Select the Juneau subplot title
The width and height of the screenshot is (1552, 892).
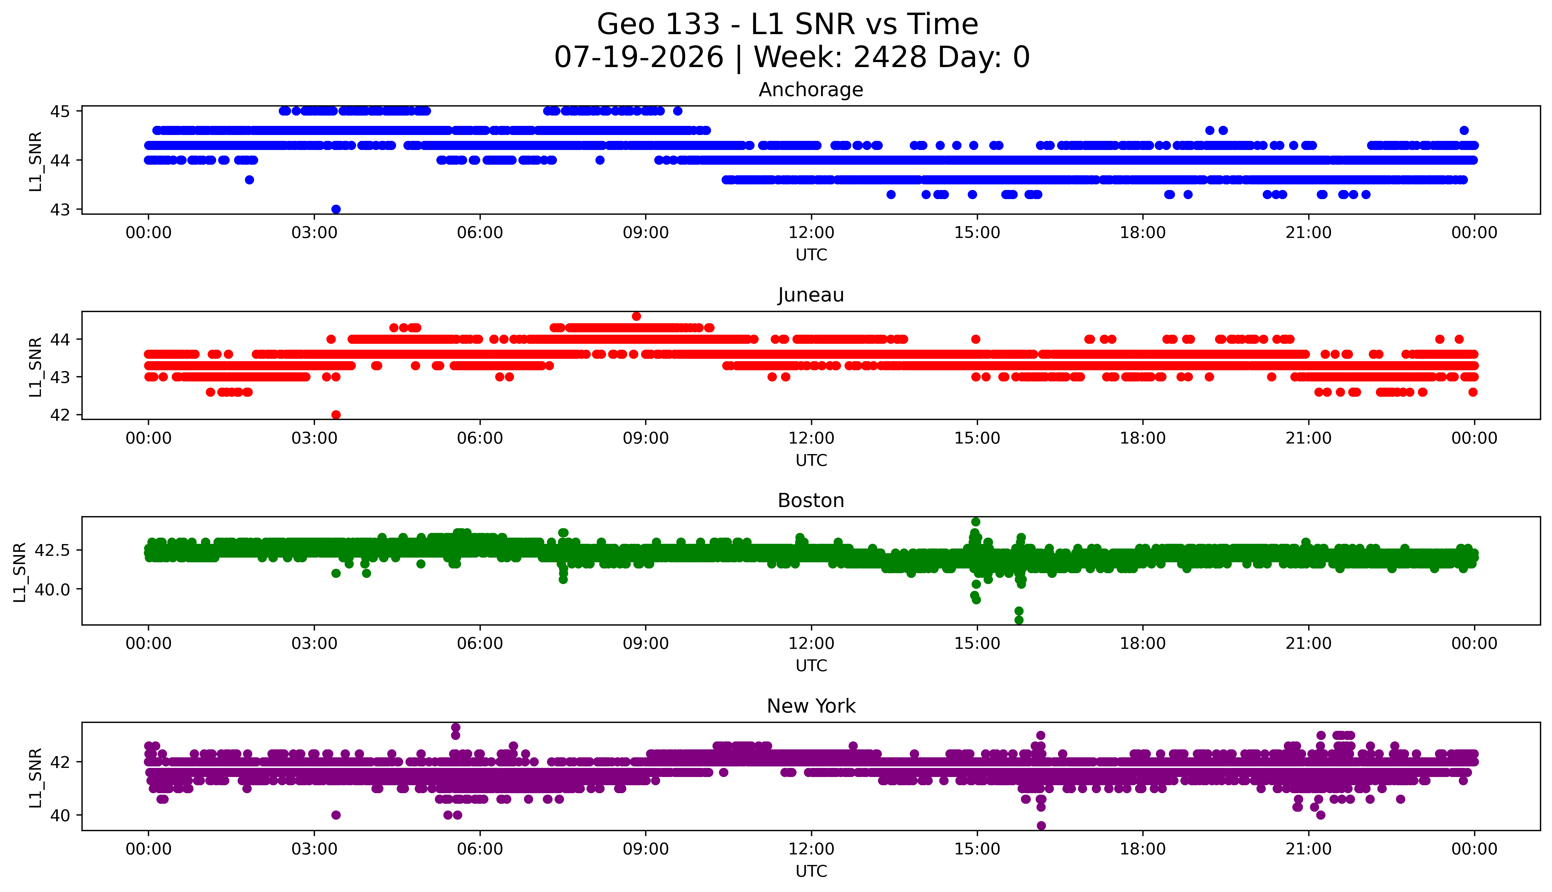(x=811, y=295)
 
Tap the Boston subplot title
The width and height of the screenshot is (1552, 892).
(x=811, y=501)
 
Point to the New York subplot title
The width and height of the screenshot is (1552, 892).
(x=811, y=706)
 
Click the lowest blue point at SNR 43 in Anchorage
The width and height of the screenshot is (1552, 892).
(x=336, y=209)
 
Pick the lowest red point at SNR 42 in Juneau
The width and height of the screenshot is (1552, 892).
(x=336, y=415)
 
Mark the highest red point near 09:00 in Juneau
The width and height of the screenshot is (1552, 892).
(x=636, y=316)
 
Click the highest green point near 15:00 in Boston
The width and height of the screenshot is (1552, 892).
(x=976, y=522)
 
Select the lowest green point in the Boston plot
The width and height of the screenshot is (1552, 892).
(x=1019, y=620)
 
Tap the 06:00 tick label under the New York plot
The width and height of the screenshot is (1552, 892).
(x=480, y=849)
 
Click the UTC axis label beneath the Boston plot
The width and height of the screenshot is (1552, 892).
(x=811, y=665)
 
